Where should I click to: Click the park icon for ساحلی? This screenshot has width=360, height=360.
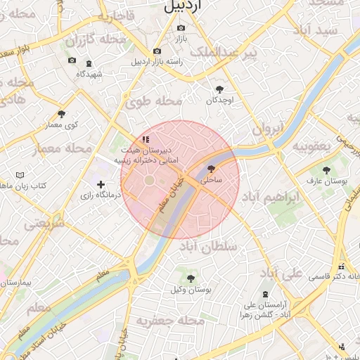212,169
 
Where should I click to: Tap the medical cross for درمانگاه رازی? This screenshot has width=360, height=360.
101,184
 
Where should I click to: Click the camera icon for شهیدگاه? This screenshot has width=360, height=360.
72,61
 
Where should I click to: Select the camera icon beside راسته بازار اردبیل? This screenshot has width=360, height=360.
156,51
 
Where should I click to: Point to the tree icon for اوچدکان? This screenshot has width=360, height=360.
219,89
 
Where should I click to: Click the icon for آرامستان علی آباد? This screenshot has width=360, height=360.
264,294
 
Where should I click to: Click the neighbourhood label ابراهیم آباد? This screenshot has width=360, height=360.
274,198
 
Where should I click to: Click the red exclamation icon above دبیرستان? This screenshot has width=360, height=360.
145,140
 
